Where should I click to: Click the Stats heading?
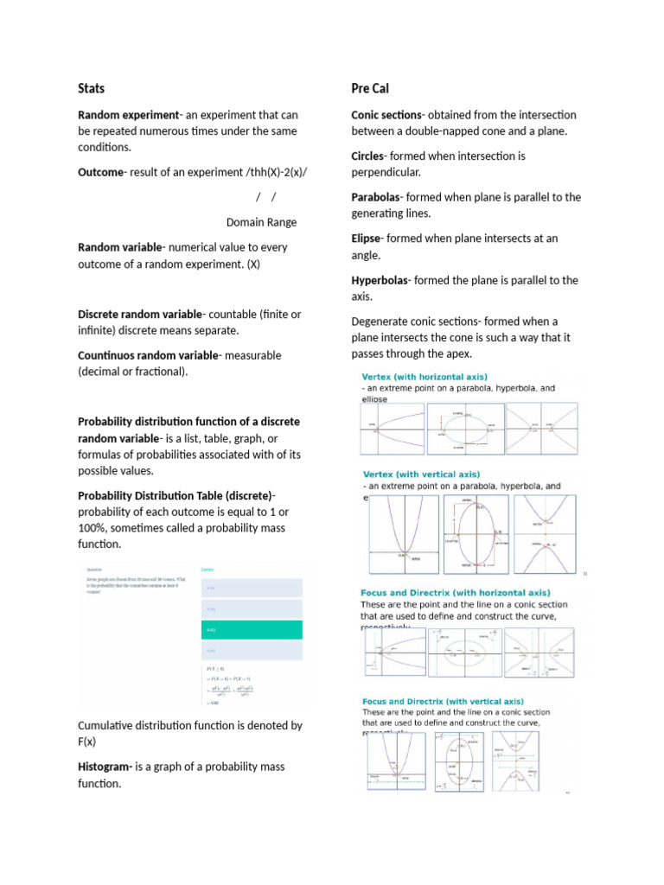[92, 88]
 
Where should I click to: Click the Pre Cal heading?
[370, 88]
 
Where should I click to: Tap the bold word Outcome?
[100, 172]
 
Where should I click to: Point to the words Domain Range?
[261, 222]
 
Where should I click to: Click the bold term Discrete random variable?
[139, 315]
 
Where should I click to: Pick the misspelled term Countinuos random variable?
[148, 355]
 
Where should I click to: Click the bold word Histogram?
[104, 767]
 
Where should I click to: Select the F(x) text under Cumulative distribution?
[86, 742]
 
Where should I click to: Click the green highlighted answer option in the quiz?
[252, 630]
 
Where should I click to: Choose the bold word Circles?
[370, 156]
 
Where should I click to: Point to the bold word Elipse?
[367, 238]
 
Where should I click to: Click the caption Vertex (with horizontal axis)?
[425, 377]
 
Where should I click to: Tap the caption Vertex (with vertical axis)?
[420, 474]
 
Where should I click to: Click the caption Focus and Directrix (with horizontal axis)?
[455, 593]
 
